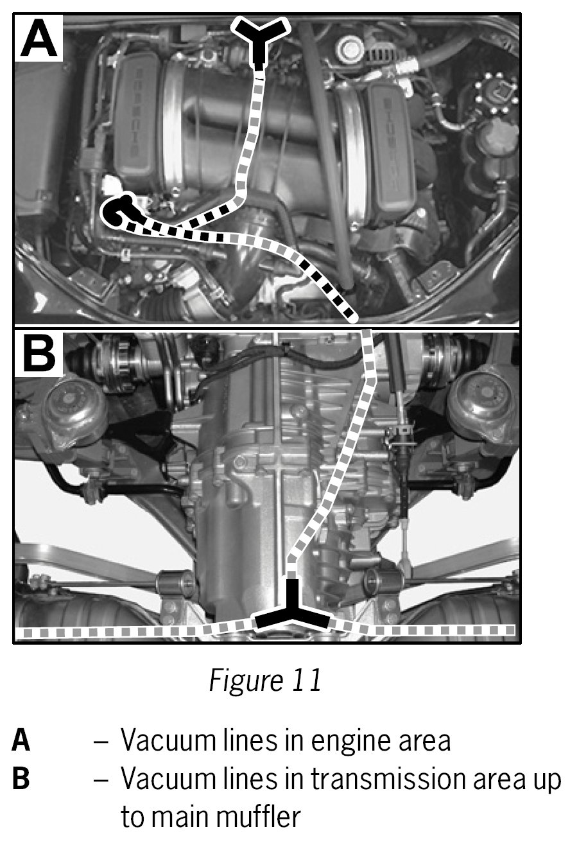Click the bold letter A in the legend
(21, 742)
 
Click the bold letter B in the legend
(21, 780)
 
